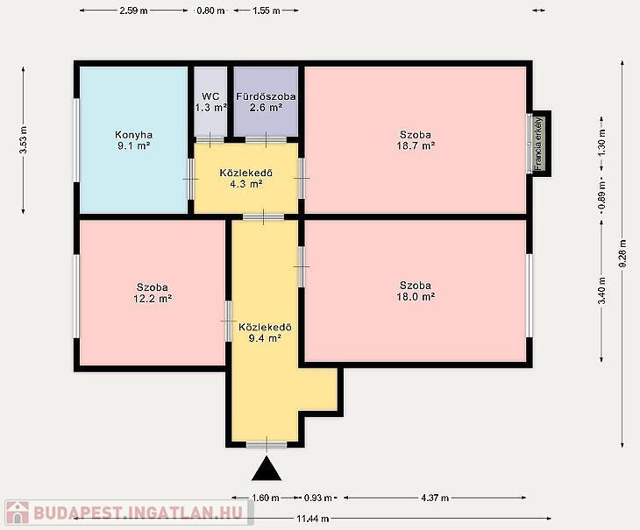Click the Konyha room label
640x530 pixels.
pos(134,135)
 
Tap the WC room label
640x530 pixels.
pos(210,96)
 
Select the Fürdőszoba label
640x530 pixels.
pos(266,96)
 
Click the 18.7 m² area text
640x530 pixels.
pos(416,145)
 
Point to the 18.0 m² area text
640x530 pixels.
pos(416,296)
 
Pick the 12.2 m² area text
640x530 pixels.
pos(153,299)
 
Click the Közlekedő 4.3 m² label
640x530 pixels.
pos(246,178)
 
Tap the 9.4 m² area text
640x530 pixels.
pos(265,338)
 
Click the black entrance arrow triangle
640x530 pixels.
pos(267,470)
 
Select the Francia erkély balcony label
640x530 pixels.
pos(538,144)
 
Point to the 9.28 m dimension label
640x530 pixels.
pos(622,253)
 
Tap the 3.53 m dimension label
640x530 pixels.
pos(24,140)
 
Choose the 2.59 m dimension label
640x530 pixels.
pos(133,11)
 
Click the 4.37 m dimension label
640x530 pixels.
pos(435,498)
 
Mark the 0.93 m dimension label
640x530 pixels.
pos(318,498)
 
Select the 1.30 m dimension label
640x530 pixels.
pos(601,143)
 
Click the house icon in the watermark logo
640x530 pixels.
pos(18,512)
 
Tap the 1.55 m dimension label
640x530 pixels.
pos(267,11)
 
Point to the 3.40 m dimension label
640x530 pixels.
pos(601,290)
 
